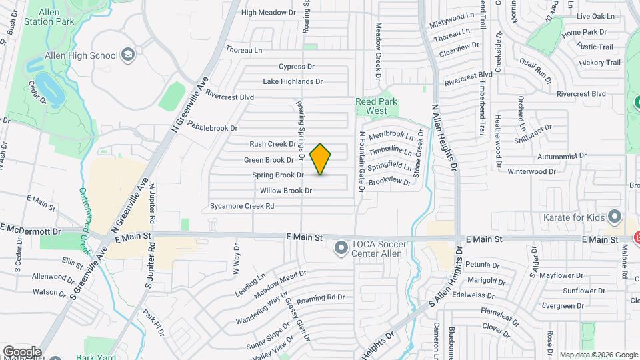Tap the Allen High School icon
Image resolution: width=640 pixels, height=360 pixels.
(127, 55)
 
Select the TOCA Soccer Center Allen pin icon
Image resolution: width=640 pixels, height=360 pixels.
(341, 249)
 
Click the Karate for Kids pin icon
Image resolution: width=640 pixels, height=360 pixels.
(615, 217)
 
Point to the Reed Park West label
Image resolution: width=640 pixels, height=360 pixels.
(376, 106)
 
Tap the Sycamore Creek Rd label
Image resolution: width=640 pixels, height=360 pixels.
(241, 206)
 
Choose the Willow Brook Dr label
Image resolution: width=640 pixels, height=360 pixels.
(285, 191)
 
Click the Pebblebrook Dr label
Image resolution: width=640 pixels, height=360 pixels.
(212, 127)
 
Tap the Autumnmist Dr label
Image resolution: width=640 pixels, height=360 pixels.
(563, 155)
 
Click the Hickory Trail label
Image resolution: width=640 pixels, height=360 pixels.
(600, 63)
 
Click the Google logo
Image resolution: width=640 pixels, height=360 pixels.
(22, 351)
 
